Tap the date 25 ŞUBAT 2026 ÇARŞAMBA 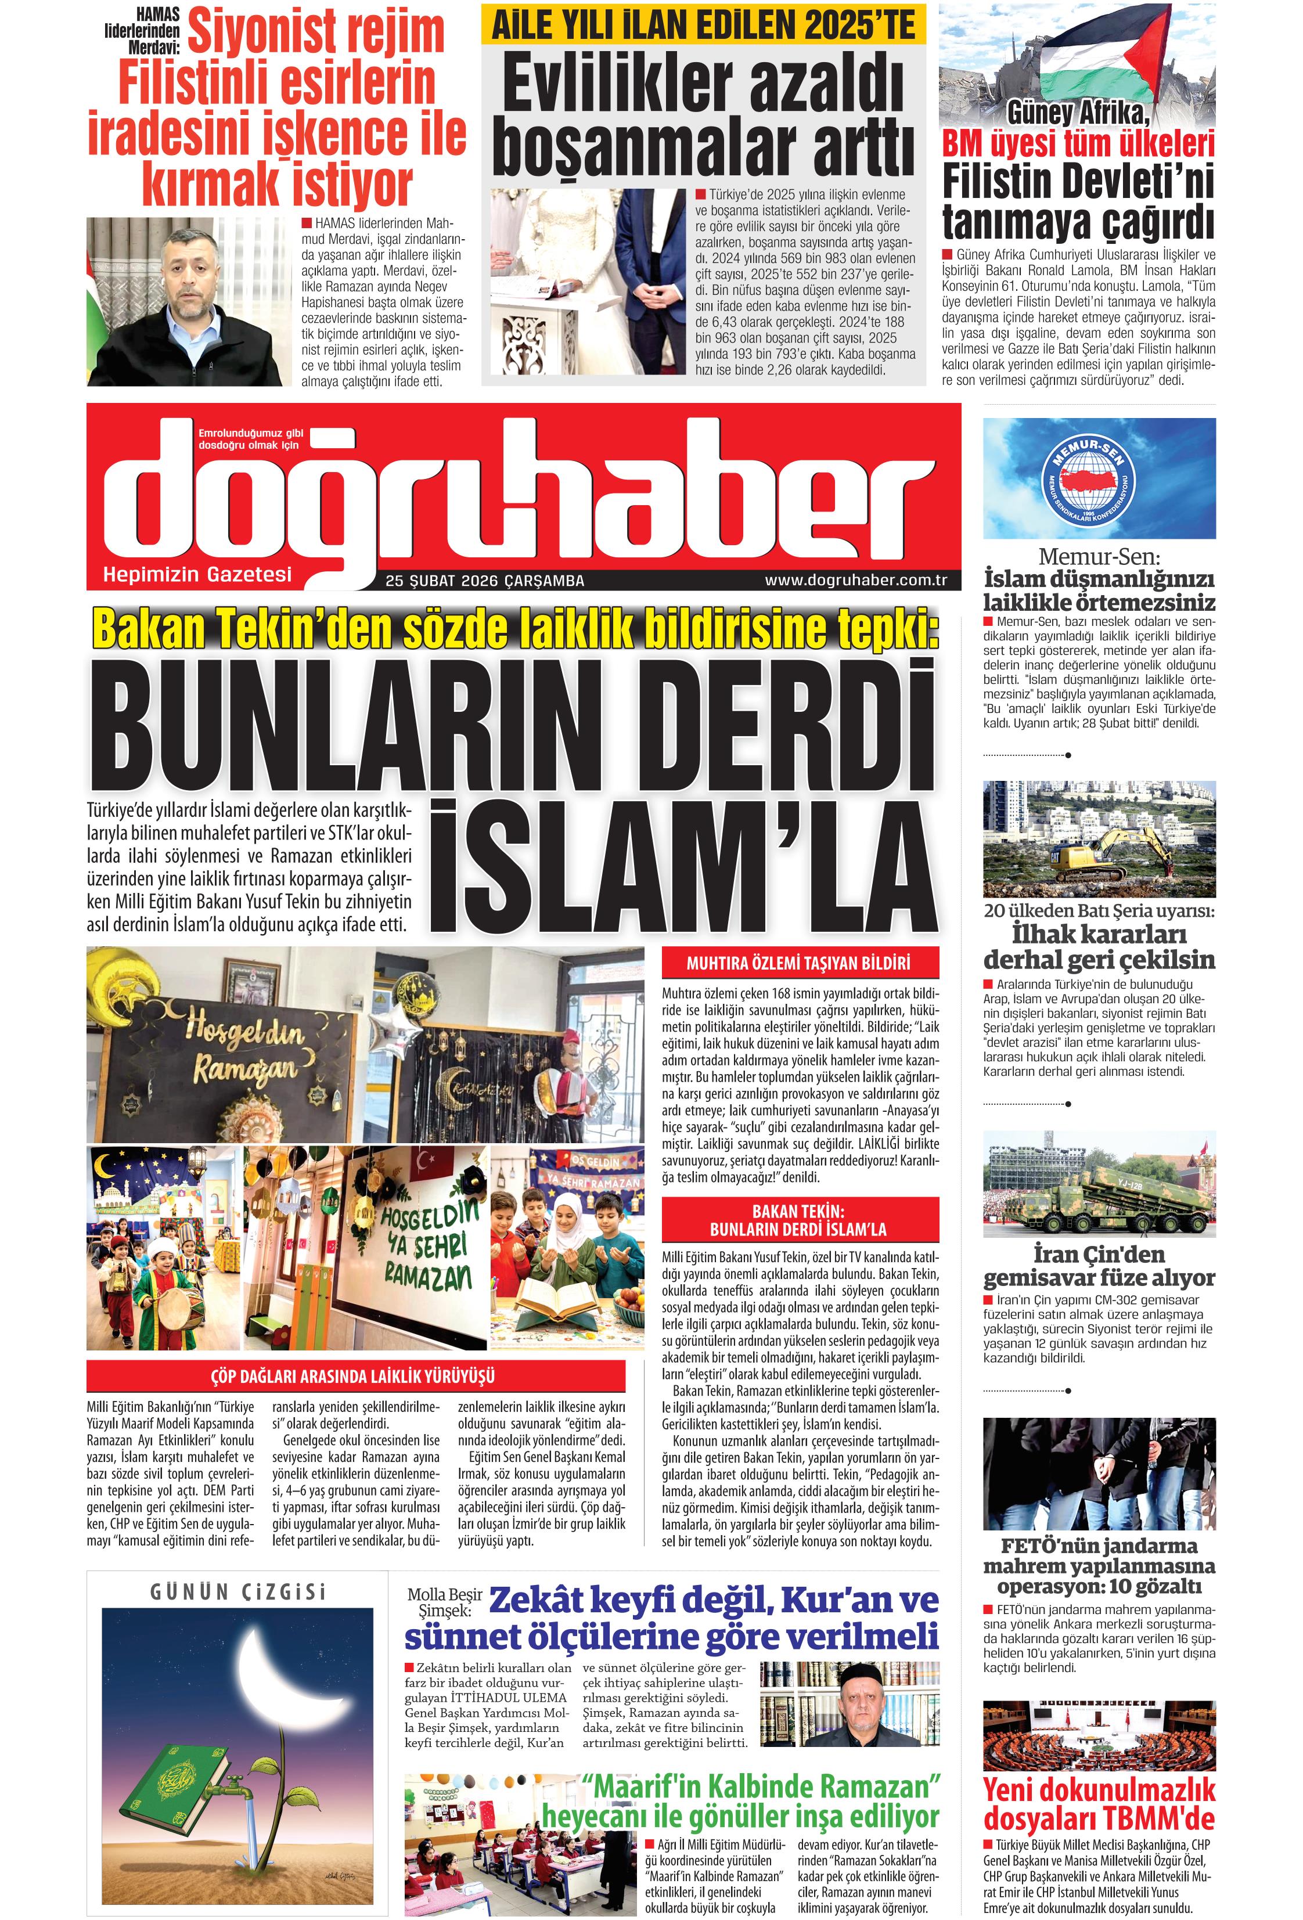(484, 581)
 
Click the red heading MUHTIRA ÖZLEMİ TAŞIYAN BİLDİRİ (799, 963)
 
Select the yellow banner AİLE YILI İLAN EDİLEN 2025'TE (703, 26)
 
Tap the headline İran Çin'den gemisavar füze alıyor (1099, 1266)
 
